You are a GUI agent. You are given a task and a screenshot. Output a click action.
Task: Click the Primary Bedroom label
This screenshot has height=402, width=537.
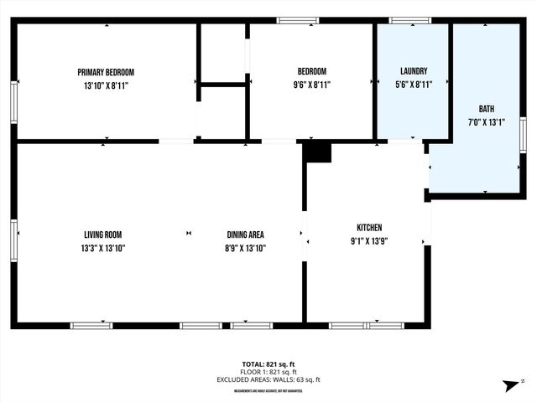106,72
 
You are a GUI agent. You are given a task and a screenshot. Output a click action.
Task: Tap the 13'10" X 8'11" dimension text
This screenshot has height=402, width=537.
106,85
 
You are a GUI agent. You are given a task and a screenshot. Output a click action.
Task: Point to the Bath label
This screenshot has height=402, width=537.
487,109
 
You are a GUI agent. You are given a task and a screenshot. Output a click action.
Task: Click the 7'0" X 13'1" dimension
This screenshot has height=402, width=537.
487,121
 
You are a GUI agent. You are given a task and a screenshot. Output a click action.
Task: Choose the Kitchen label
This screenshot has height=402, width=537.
369,228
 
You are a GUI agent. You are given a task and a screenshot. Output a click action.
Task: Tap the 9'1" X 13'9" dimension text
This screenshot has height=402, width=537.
369,241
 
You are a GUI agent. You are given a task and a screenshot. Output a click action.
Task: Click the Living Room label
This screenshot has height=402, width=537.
103,234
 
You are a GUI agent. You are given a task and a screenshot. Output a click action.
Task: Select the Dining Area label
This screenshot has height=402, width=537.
245,234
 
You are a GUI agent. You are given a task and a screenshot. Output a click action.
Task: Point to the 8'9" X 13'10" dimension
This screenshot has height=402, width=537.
245,248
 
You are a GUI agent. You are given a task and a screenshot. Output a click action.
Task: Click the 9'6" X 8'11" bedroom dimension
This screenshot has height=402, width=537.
311,85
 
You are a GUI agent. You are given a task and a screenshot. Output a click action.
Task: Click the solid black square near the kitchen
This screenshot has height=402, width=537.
318,152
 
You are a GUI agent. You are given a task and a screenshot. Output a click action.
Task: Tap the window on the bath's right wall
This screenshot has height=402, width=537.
523,134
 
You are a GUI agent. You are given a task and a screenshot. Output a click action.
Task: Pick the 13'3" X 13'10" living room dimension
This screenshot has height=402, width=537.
103,248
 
